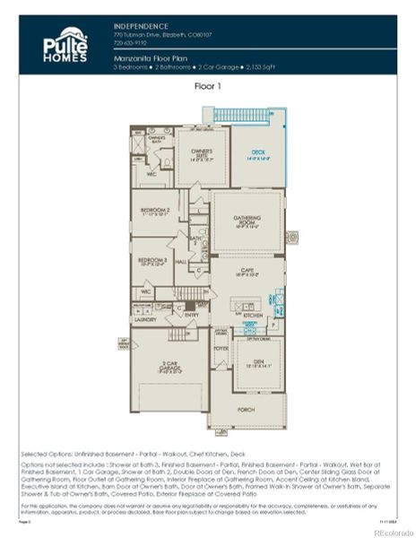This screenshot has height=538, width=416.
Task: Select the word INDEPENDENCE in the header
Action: click(142, 27)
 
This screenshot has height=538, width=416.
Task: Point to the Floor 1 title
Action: click(208, 86)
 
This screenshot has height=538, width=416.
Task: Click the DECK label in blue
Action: click(258, 153)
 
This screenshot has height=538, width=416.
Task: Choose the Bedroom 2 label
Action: click(155, 211)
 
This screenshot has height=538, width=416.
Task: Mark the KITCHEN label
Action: click(254, 316)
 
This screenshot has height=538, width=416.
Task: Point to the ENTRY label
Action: click(191, 314)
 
